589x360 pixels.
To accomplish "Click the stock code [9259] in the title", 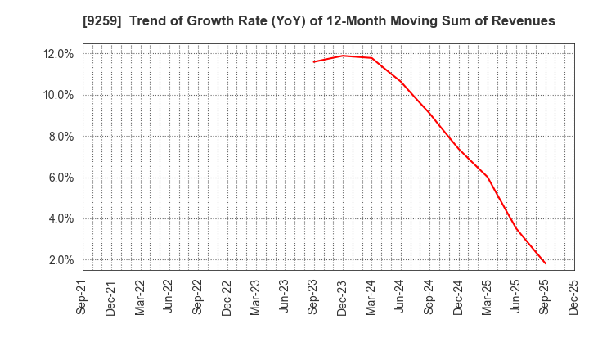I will [x=51, y=21].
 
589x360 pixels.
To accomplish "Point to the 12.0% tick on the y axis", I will [x=57, y=54].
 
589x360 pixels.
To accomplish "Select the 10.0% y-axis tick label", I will [x=57, y=96].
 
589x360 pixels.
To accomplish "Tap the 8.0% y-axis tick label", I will [x=60, y=137].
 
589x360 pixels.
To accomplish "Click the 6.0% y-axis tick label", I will [x=60, y=178].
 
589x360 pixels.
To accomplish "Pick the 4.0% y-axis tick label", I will [x=60, y=219].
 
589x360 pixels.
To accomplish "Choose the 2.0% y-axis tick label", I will [x=60, y=260].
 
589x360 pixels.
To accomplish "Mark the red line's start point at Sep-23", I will [x=313, y=62].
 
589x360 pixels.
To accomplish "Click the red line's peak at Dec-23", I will [x=343, y=56].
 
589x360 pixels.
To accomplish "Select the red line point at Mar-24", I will [x=371, y=58].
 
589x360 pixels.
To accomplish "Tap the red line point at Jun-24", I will [x=401, y=81].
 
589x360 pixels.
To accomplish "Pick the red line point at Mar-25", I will [x=488, y=177].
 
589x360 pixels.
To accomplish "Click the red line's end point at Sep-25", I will [x=546, y=263].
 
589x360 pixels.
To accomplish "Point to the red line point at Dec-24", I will [x=458, y=148].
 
